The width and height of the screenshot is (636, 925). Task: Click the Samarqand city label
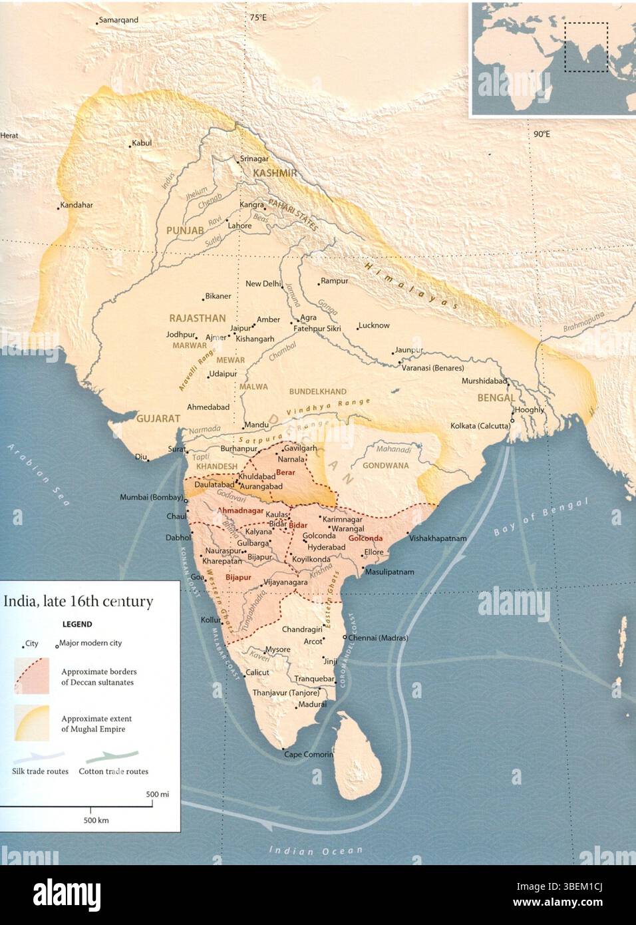click(x=118, y=20)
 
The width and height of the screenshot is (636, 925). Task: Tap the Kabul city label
click(x=142, y=143)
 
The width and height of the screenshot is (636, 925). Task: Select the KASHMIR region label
click(x=274, y=174)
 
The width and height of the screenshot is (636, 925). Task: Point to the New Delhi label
click(x=263, y=284)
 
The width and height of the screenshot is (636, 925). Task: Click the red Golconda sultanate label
click(x=365, y=538)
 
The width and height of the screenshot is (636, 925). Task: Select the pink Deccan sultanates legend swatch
click(x=31, y=676)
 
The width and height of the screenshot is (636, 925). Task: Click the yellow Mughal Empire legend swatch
click(x=31, y=723)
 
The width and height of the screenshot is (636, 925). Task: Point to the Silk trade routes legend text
click(x=40, y=772)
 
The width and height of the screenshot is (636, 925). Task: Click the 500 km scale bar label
click(x=96, y=821)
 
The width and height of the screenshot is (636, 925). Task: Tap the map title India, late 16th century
click(x=79, y=602)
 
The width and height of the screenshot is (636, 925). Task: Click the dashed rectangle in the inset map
click(x=585, y=47)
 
